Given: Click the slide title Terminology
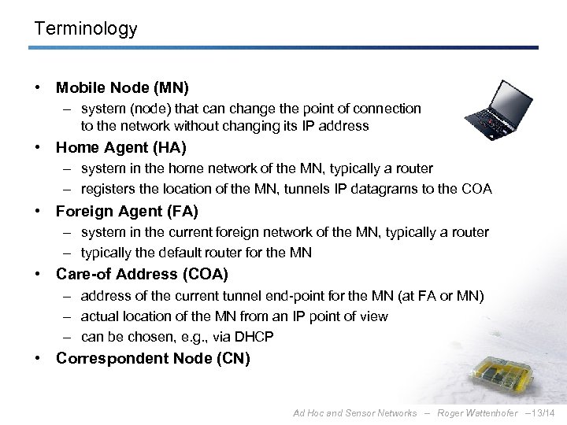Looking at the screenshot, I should click(86, 29).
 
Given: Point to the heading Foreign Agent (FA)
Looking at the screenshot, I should click(127, 211).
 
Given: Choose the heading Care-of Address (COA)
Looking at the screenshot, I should click(142, 275).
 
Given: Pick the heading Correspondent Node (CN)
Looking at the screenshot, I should click(153, 359).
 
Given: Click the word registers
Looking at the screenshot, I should click(107, 189).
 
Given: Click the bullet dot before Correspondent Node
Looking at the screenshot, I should click(37, 359).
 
